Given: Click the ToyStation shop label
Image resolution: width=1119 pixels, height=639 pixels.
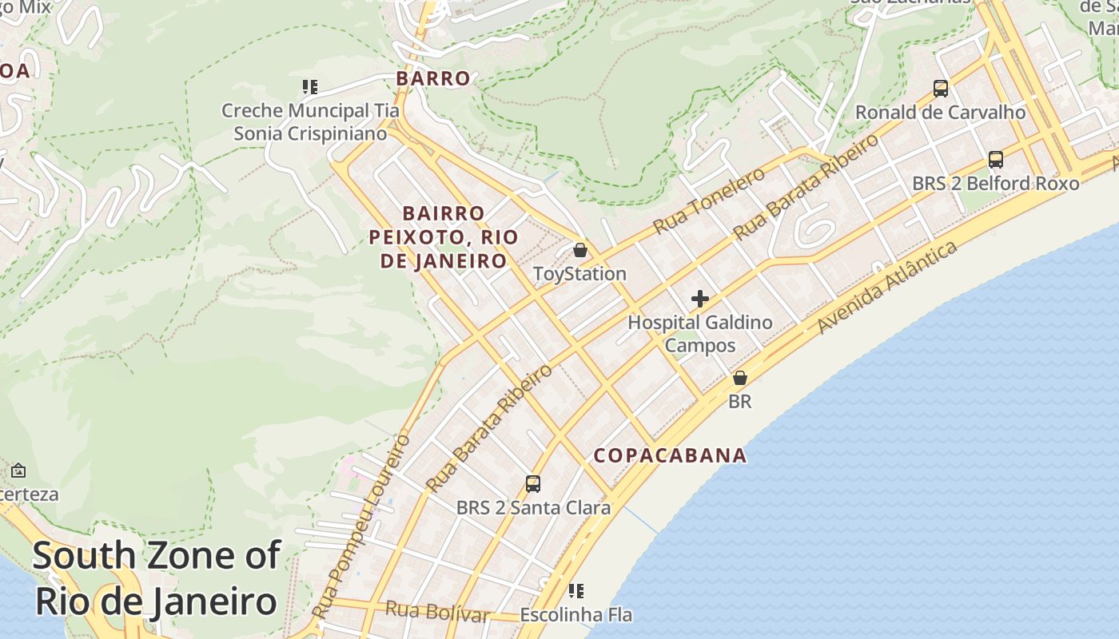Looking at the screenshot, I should click(579, 274).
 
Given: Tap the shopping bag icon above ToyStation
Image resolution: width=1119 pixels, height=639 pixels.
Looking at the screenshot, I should click(580, 250).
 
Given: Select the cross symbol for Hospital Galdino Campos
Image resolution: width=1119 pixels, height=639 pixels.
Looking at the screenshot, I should click(700, 299).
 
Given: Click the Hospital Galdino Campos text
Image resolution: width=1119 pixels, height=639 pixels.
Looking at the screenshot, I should click(700, 334).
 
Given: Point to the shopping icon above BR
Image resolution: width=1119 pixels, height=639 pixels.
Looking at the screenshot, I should click(740, 378).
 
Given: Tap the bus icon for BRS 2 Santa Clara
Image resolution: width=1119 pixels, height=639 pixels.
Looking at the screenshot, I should click(533, 483).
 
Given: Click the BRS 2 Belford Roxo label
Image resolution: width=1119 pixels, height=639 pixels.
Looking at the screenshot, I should click(995, 183).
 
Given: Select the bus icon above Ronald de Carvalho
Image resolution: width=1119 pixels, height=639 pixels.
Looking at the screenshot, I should click(941, 88).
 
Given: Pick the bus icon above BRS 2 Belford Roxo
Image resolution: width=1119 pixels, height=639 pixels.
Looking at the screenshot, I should click(995, 159).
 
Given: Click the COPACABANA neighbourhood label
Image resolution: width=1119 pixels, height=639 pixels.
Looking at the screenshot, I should click(670, 455).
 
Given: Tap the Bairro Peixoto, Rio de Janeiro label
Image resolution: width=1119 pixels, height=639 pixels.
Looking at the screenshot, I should click(444, 237).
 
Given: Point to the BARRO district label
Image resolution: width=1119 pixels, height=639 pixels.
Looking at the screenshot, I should click(433, 78).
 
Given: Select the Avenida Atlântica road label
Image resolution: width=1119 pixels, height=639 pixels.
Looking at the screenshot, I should click(886, 288).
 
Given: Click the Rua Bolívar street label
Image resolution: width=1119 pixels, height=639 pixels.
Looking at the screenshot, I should click(436, 612).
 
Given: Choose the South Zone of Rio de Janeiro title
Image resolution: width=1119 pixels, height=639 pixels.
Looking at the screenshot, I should click(157, 578).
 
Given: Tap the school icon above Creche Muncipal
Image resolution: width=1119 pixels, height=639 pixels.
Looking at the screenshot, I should click(309, 86).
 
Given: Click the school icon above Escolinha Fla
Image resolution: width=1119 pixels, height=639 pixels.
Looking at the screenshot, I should click(575, 591).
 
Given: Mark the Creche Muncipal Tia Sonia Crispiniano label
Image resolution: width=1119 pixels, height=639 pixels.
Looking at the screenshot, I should click(310, 122).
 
